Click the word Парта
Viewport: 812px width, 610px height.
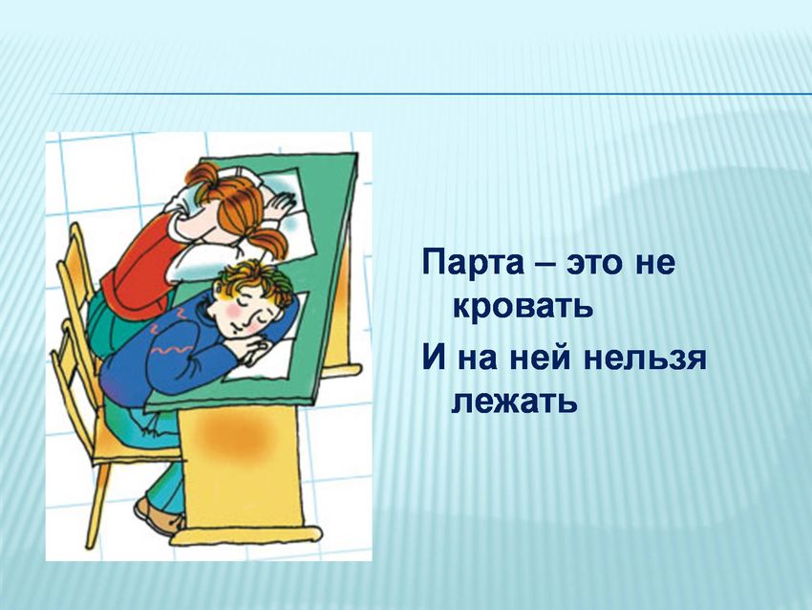click(x=474, y=263)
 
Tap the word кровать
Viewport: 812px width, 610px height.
click(x=524, y=307)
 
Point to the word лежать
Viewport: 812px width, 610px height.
click(x=515, y=400)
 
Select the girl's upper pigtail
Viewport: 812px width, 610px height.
click(x=202, y=175)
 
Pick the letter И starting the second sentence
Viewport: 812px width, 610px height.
click(x=434, y=359)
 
